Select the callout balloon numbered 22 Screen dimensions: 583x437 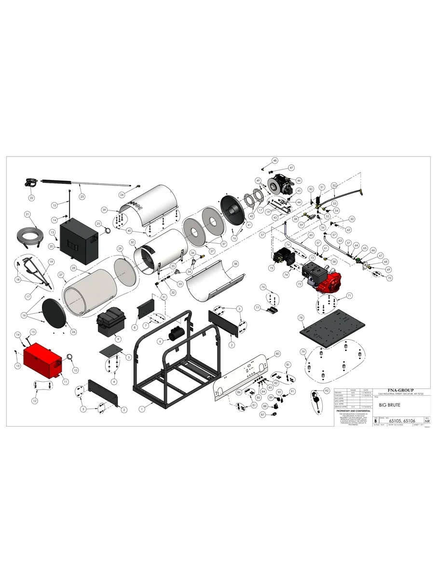coord(31,197)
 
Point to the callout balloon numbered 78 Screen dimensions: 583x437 coord(300,318)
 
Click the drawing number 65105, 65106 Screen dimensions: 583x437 coord(403,421)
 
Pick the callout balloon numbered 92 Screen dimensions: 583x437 coord(327,390)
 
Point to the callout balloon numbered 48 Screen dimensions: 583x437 coord(275,160)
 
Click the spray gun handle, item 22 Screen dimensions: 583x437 coord(30,183)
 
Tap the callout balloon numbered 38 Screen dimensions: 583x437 coord(235,264)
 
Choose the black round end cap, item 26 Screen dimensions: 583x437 coord(54,314)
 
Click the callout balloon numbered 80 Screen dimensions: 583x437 coord(277,354)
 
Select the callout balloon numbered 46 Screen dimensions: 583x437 coord(299,180)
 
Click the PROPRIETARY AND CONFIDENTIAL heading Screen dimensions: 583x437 coord(353,411)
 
